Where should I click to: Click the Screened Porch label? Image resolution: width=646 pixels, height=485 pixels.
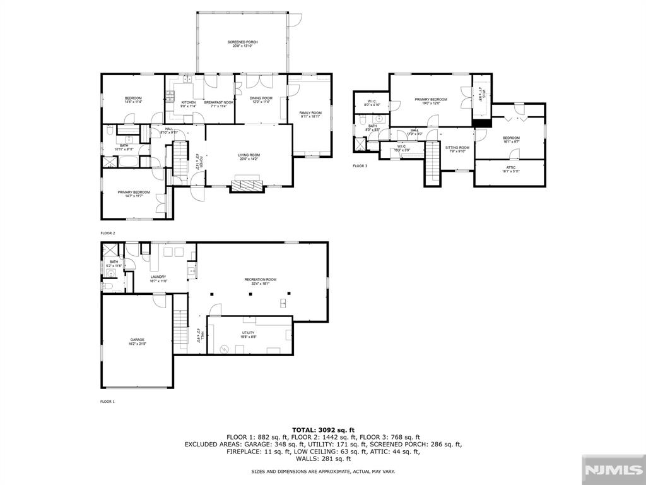point(243,44)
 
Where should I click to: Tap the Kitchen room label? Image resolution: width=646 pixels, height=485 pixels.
point(189,104)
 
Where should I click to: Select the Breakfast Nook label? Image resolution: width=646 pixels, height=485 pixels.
point(218,104)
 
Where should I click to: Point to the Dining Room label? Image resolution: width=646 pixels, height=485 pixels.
point(261,100)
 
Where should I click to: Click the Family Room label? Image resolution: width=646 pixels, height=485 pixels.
point(310,114)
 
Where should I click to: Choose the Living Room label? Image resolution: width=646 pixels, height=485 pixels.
point(249,157)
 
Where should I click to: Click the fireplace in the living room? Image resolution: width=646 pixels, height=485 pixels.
point(247,186)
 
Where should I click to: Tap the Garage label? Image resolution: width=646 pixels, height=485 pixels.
point(138,342)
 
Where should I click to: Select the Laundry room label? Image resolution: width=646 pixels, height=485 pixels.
point(158,278)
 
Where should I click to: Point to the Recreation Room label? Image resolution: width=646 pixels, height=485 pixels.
point(261,281)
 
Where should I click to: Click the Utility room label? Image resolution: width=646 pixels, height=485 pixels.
point(248,334)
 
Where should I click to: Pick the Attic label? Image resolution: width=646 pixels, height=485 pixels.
point(510,169)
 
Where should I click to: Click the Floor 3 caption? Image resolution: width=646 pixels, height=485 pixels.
point(360,167)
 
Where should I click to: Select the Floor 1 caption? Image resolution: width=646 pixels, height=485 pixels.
point(107,402)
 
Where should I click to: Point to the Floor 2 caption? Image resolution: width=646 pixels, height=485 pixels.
point(107,233)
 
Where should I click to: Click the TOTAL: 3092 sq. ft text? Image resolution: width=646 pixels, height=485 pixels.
point(323,430)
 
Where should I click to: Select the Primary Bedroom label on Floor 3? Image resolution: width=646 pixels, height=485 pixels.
point(430,101)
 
